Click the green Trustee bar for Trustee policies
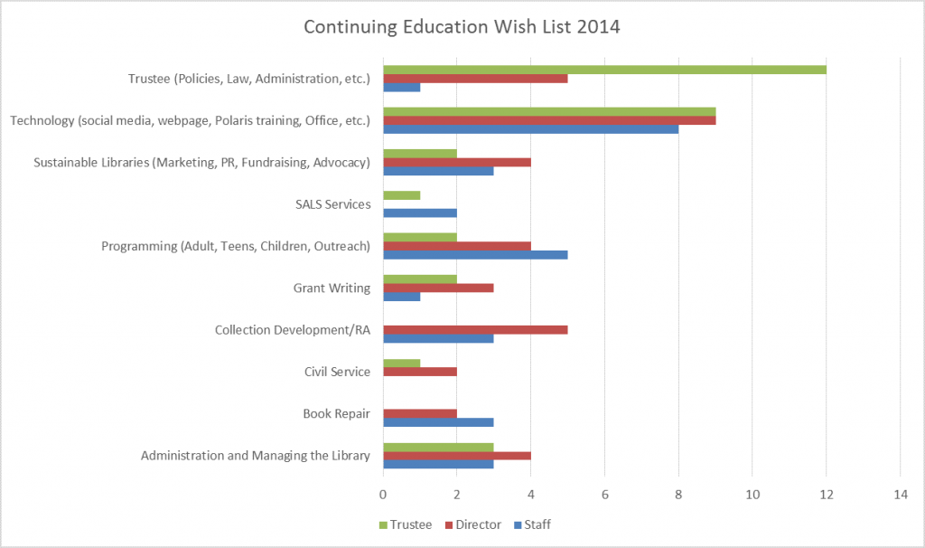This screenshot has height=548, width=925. point(604,70)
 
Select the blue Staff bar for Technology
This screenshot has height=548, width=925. point(530,128)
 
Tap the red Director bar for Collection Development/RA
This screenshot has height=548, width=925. point(475,330)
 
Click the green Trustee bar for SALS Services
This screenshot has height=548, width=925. point(402,195)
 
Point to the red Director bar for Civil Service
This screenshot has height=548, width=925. point(420,372)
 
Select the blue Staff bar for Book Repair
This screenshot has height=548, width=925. point(438,422)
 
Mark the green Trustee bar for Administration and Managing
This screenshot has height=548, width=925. point(438,447)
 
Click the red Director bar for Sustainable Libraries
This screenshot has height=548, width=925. point(457,163)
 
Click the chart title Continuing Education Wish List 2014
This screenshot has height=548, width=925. point(462,27)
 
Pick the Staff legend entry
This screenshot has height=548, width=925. point(538,524)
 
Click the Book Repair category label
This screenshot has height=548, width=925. point(336,414)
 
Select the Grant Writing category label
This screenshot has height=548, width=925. point(332,288)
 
